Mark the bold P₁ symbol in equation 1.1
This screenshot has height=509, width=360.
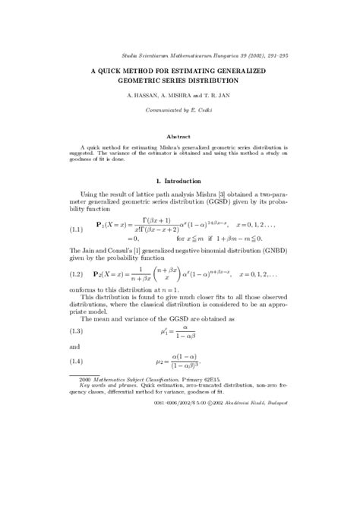[100, 225]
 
